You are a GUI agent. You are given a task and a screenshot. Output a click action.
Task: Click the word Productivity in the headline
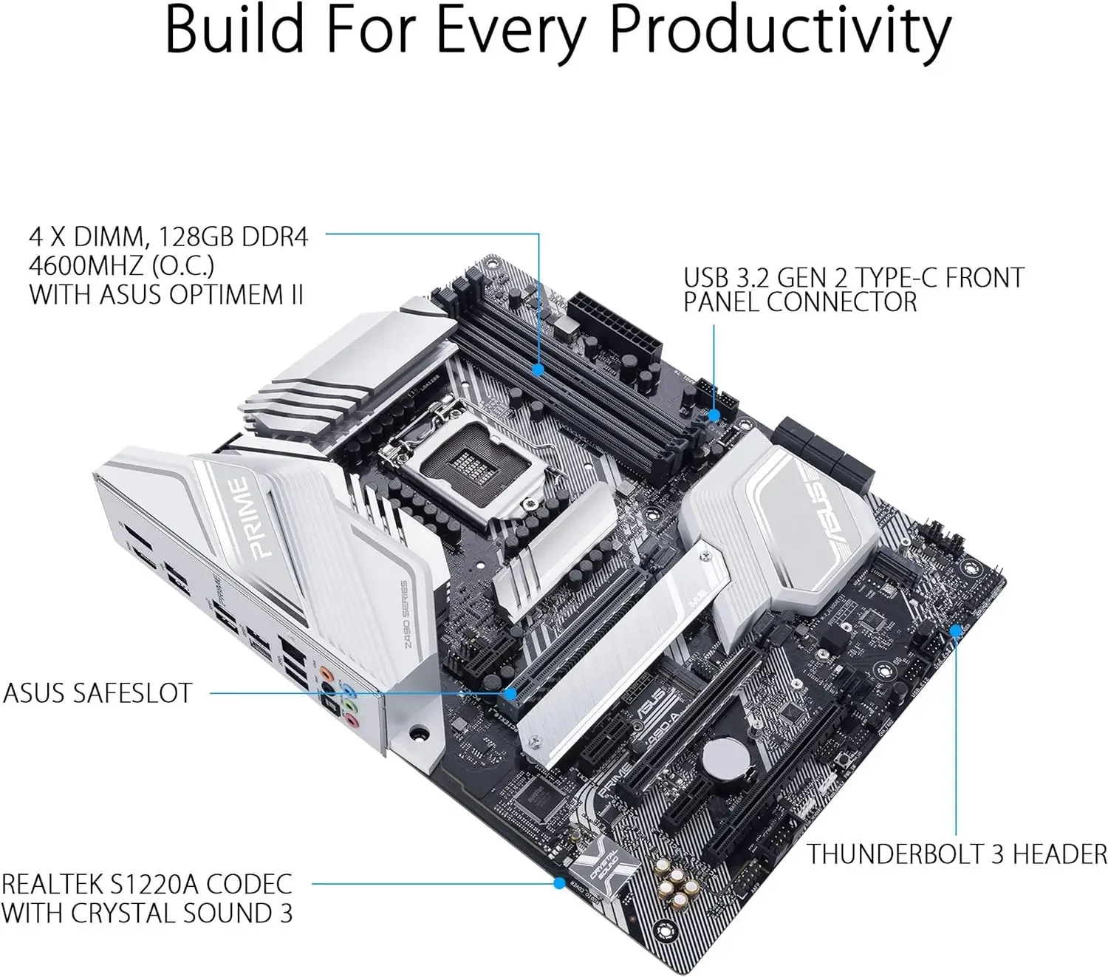tap(781, 31)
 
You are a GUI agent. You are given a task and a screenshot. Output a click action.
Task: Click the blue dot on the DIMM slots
tap(540, 367)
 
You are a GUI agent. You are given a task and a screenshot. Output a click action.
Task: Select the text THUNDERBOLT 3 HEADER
tap(957, 854)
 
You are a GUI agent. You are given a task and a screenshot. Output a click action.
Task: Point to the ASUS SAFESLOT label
tap(98, 693)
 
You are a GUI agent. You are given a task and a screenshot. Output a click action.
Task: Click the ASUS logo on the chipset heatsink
tap(830, 514)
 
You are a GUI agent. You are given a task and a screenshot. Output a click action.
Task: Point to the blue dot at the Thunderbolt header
tap(955, 630)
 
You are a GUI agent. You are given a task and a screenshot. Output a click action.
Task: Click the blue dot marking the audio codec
tap(558, 882)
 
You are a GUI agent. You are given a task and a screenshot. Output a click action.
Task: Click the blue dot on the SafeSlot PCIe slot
tap(510, 693)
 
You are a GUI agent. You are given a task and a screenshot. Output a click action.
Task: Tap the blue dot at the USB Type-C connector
tap(714, 415)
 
